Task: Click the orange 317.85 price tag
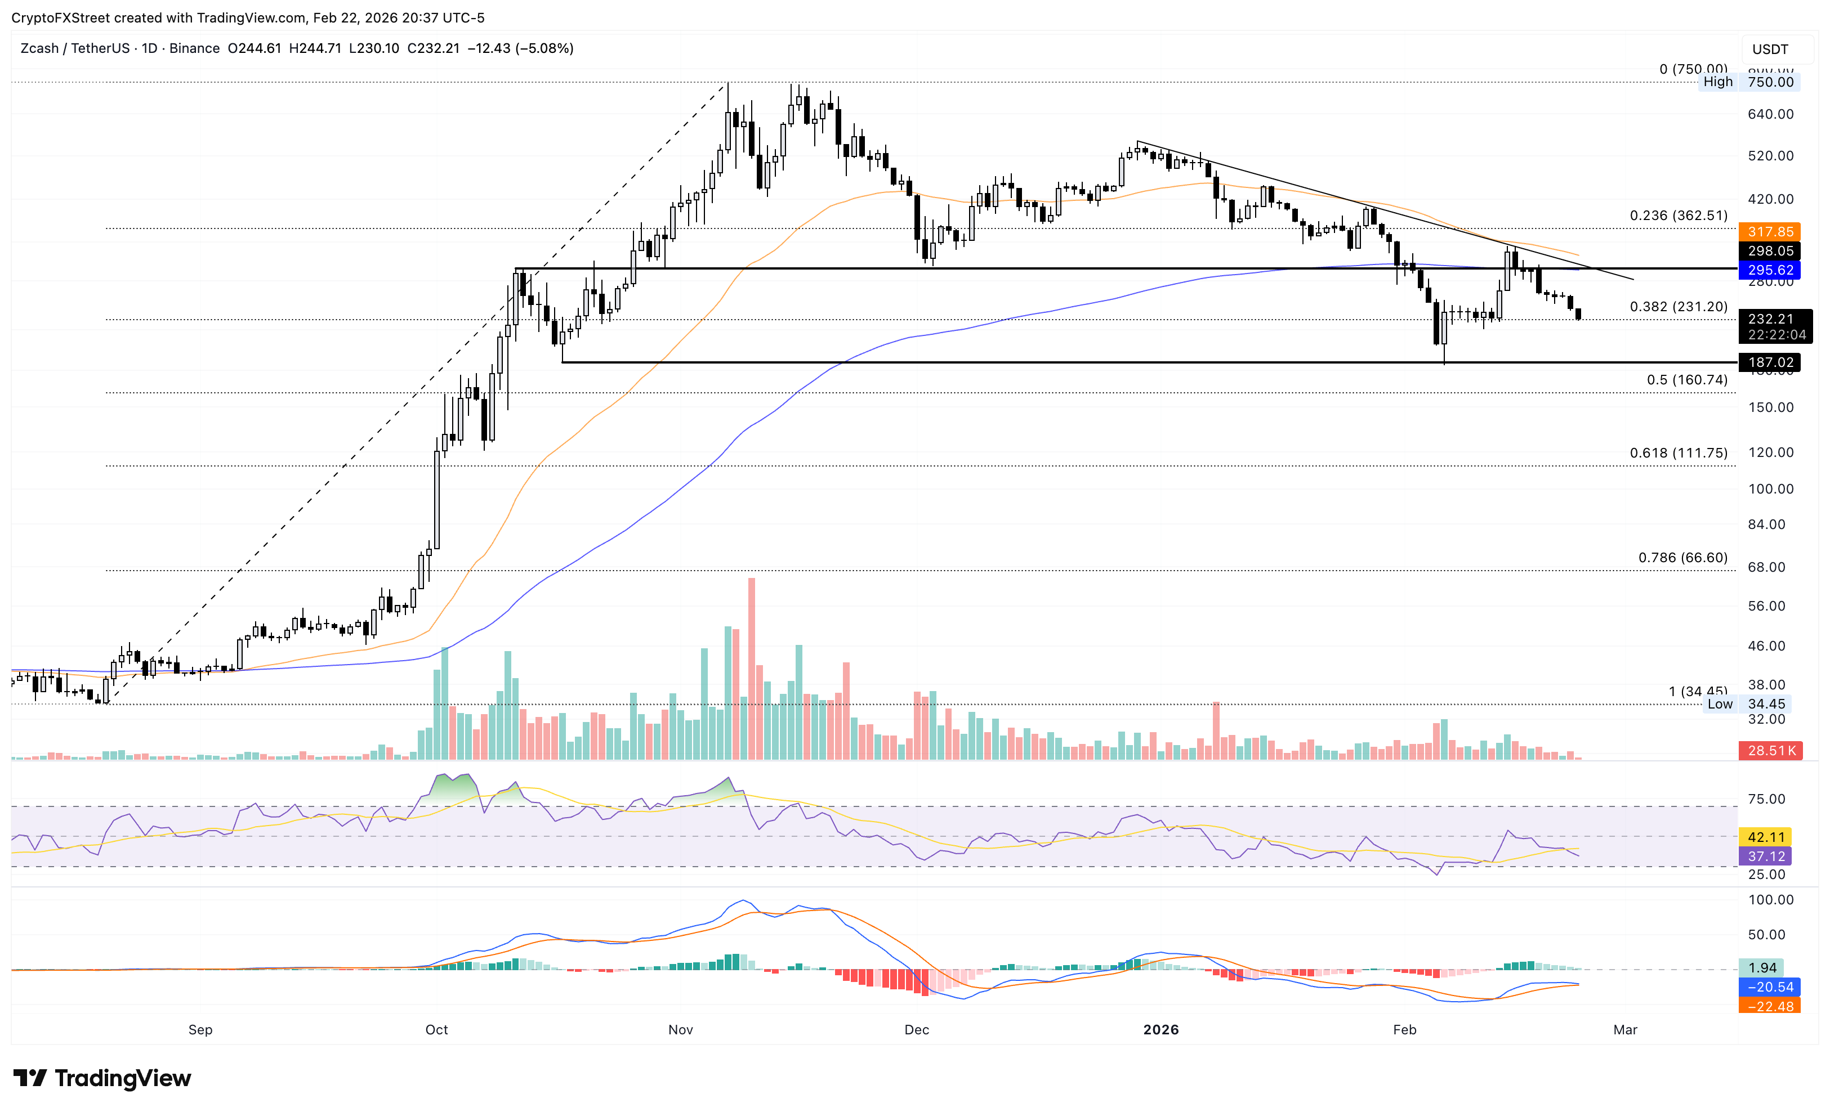(1770, 232)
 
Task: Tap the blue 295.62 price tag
(1770, 270)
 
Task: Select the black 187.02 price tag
(1770, 362)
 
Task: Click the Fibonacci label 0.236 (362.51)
(1678, 216)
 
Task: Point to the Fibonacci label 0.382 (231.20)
(1678, 307)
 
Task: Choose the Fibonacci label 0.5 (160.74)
(1686, 379)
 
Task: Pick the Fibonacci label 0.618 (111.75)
(1678, 453)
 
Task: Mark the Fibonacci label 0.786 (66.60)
(1682, 558)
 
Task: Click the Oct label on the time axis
(437, 1030)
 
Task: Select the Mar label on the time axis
(1625, 1030)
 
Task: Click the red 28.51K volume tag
(1770, 751)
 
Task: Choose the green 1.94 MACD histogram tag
(1762, 968)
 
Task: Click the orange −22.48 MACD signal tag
(1770, 1007)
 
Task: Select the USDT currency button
(1770, 49)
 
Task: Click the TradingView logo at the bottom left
(102, 1078)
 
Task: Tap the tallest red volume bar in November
(752, 668)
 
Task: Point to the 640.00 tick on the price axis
(1770, 114)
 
